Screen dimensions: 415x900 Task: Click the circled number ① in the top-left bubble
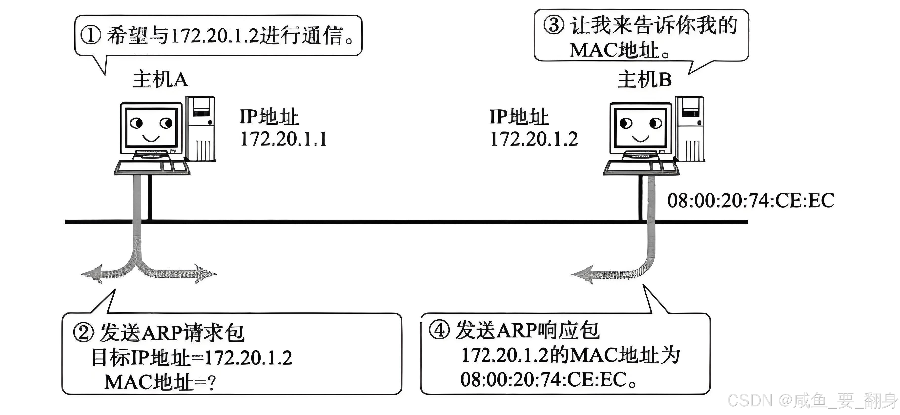click(90, 35)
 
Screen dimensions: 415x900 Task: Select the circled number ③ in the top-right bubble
click(553, 25)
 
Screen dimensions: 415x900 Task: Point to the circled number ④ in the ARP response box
click(439, 330)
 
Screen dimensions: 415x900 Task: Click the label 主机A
click(160, 80)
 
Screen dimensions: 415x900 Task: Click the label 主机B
click(645, 80)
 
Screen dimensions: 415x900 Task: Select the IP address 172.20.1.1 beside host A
click(283, 139)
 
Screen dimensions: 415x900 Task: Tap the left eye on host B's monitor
click(626, 123)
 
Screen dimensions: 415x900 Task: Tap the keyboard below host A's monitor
click(152, 167)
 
